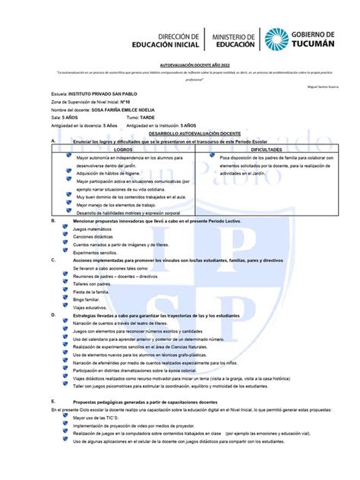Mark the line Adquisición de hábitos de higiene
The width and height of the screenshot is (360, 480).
click(109, 173)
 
